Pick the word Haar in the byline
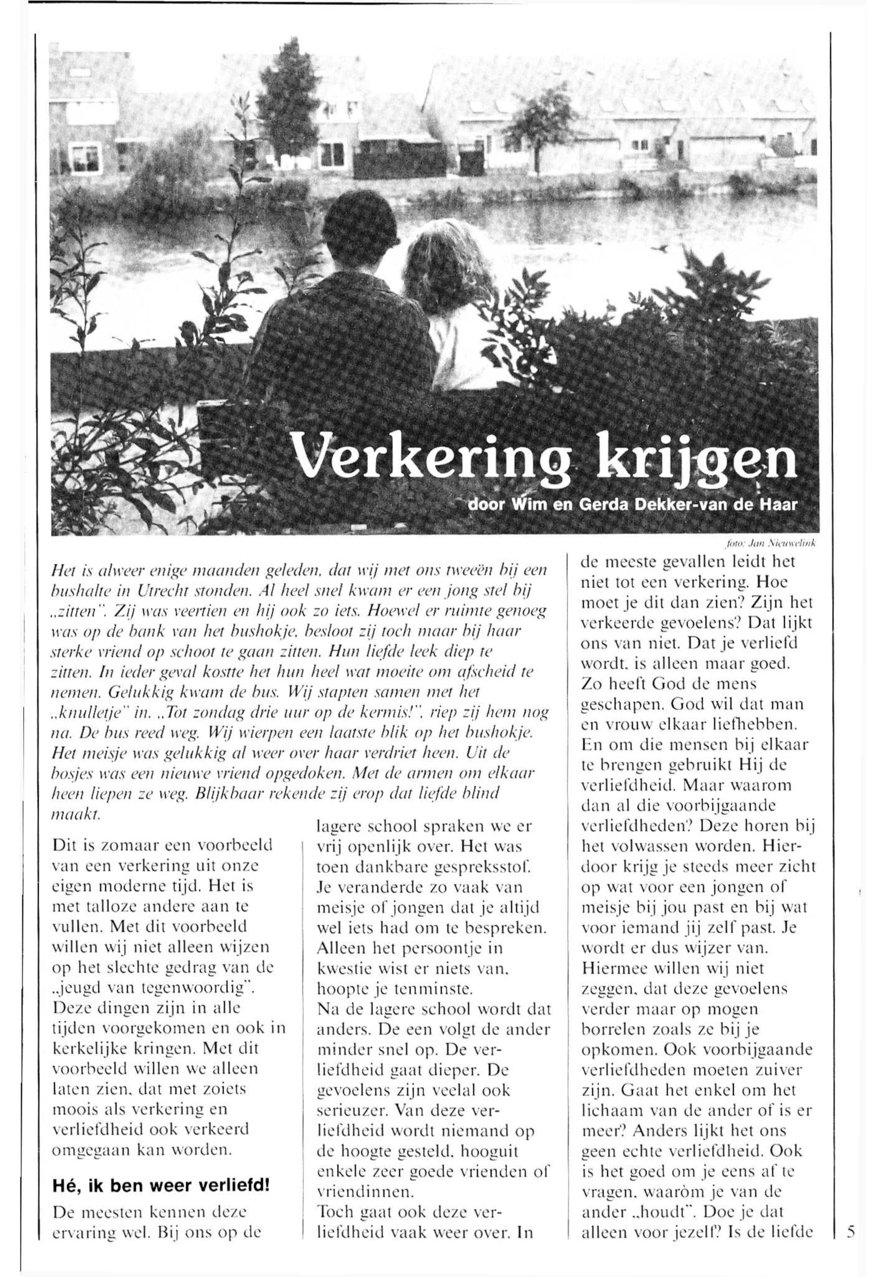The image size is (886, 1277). tap(782, 506)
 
